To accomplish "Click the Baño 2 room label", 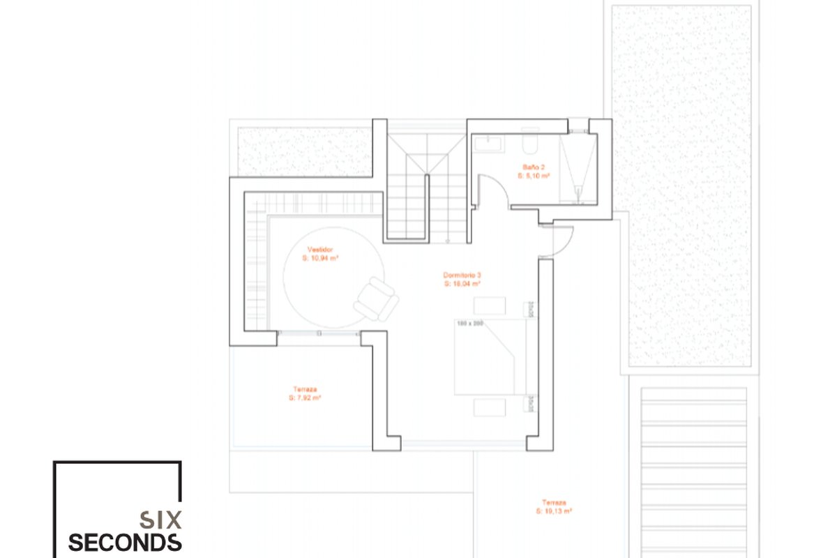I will coord(534,167).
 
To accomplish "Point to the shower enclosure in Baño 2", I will coord(578,167).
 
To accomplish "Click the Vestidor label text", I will coord(320,249).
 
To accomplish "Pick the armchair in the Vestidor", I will coord(376,298).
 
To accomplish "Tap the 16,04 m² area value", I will coord(462,284).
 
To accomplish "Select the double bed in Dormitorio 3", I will coord(488,356).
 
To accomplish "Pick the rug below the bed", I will coord(490,407).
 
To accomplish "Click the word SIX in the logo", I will coord(160,520).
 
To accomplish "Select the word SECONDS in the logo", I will coord(125,543).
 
